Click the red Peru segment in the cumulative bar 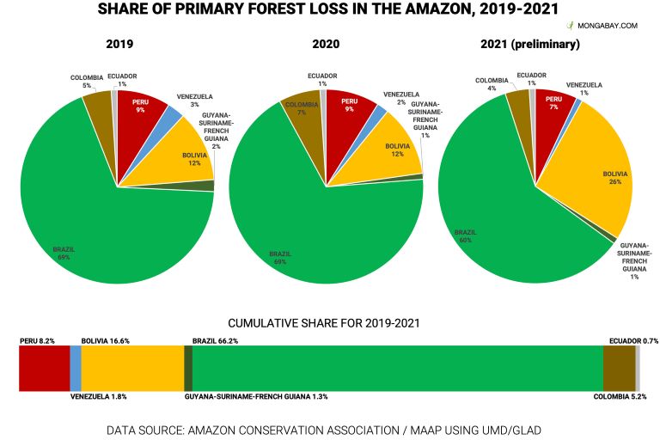(x=44, y=370)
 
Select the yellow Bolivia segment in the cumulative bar (x=132, y=370)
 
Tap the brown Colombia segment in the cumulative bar (x=619, y=370)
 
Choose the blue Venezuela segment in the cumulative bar (x=75, y=370)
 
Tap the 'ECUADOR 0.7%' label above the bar (x=632, y=341)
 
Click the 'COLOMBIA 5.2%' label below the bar (x=626, y=397)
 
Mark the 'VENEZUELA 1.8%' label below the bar (x=99, y=397)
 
